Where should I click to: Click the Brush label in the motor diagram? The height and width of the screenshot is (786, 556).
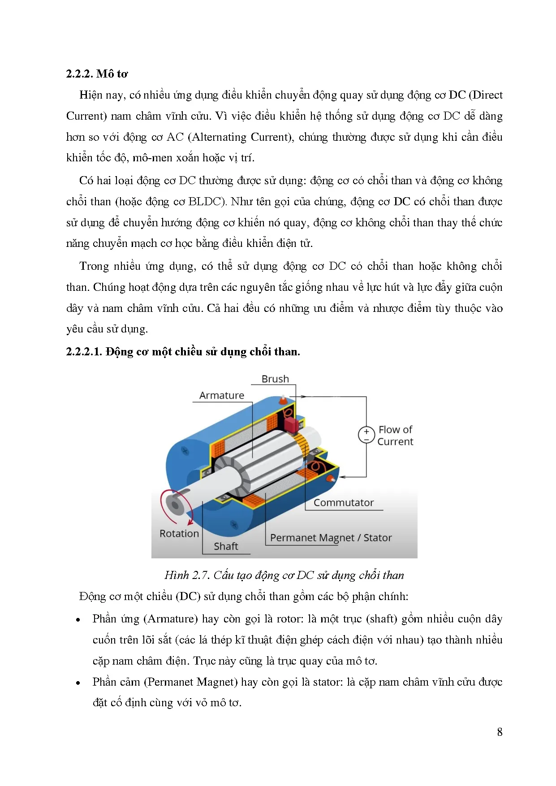pos(275,379)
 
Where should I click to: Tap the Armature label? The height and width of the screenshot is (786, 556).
pos(222,395)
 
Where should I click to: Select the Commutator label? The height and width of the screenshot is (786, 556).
pos(343,503)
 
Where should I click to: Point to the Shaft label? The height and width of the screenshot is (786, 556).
pos(226,546)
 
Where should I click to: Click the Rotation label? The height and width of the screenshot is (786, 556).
pos(179,534)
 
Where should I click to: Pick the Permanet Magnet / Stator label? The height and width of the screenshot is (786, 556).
pos(331,538)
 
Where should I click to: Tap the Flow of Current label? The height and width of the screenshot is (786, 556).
pos(395,436)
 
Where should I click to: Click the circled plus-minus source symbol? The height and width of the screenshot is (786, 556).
pos(366,435)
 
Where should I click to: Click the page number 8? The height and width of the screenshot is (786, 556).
pos(500,732)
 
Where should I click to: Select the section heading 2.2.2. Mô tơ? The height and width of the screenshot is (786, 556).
pos(97,74)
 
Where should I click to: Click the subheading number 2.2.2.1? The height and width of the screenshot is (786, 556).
pos(84,352)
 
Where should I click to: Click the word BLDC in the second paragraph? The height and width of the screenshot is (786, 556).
pos(205,202)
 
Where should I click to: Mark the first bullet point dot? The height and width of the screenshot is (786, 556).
pos(78,620)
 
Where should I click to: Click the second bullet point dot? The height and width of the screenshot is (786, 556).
pos(78,683)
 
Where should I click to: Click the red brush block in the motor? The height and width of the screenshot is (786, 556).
pos(290,424)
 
